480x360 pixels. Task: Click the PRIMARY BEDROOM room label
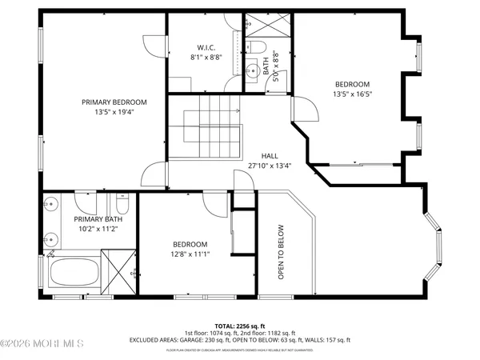coord(114,102)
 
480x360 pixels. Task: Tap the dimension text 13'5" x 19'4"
coord(114,113)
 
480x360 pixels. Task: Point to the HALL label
coord(270,157)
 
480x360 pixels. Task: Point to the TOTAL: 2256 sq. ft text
coord(240,326)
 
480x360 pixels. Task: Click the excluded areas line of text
coord(240,340)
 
